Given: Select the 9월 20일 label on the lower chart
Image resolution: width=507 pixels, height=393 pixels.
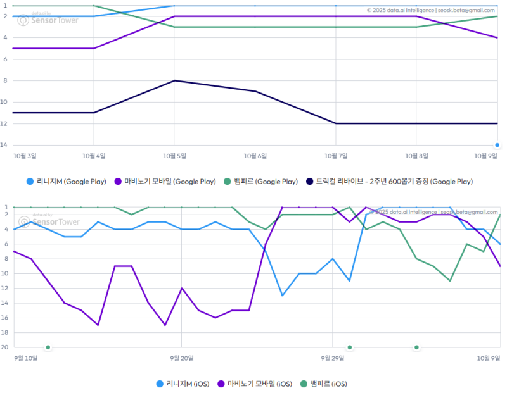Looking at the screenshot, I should pos(182,358).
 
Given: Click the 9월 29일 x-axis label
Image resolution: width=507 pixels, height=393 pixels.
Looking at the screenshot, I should pos(333,358).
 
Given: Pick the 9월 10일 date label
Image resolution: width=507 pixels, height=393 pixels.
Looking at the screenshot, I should pos(26,358).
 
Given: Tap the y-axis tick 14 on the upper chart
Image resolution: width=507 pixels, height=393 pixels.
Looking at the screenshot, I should pos(4,145).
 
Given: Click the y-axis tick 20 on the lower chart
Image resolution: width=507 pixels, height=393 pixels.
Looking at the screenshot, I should pos(4,347).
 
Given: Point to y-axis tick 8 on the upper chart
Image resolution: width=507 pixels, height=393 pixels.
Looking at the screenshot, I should pos(4,80).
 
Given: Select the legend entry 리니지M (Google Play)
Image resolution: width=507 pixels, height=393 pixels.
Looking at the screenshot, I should pos(67,182).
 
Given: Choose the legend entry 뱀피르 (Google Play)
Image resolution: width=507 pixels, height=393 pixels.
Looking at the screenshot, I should pos(261,182).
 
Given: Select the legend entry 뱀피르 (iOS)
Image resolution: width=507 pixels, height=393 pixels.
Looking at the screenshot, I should pos(323,384).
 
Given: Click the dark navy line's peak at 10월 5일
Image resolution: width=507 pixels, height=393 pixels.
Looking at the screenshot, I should pos(174,80).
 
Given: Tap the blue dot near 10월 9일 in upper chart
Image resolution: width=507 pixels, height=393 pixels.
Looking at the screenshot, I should pos(497,145).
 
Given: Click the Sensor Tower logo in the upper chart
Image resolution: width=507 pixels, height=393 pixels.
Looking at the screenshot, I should pos(48,20).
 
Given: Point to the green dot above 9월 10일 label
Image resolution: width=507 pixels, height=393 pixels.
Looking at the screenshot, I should pos(48,347).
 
